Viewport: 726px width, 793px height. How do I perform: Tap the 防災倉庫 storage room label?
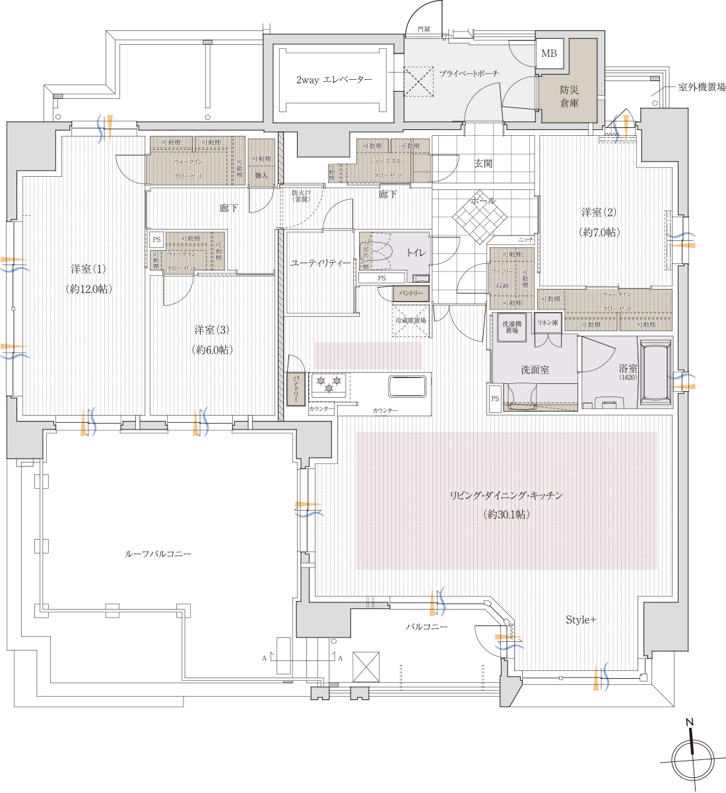pos(569,95)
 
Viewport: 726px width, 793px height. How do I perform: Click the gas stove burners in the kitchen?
pos(329,383)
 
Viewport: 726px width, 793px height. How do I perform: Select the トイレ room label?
pos(415,253)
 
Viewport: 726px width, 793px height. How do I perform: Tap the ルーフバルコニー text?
pos(158,554)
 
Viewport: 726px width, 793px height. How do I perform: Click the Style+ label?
pos(581,620)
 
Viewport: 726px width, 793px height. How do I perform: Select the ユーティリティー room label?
pos(320,263)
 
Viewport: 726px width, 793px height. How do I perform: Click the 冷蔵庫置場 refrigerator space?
pos(411,321)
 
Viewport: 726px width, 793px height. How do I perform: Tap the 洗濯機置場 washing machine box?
pos(511,327)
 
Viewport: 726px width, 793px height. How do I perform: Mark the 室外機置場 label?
pos(702,87)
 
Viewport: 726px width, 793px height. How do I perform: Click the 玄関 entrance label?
pos(482,163)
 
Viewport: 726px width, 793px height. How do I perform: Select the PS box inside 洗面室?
pos(495,398)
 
